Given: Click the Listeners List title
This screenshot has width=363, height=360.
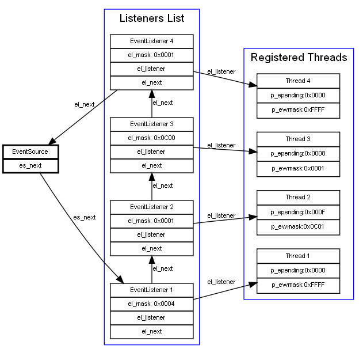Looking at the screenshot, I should click(151, 18).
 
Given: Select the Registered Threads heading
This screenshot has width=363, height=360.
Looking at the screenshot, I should click(299, 58).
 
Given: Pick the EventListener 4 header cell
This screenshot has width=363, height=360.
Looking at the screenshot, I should click(151, 41).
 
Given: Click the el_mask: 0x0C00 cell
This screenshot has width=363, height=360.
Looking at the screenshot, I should click(151, 138).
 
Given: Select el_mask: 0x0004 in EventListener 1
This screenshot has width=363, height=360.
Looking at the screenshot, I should click(151, 304).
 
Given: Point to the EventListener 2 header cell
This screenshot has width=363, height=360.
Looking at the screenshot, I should click(151, 207).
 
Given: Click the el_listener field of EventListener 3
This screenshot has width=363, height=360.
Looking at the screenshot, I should click(151, 152).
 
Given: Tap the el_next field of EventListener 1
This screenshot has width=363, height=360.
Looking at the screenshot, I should click(151, 331).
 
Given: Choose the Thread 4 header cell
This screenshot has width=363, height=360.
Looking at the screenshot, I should click(298, 81).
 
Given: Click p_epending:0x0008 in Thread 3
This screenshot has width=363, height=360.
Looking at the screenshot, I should click(298, 154).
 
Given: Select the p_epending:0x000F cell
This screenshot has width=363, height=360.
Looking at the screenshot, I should click(298, 213).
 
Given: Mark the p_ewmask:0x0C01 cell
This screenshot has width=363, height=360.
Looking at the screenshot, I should click(298, 226).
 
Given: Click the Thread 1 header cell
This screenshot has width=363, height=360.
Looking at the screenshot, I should click(298, 256).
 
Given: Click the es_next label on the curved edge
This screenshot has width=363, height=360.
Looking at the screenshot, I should click(84, 217).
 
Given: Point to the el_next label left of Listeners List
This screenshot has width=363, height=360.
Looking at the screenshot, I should click(84, 104).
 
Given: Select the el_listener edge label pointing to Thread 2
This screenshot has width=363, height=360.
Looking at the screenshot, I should click(221, 215).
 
